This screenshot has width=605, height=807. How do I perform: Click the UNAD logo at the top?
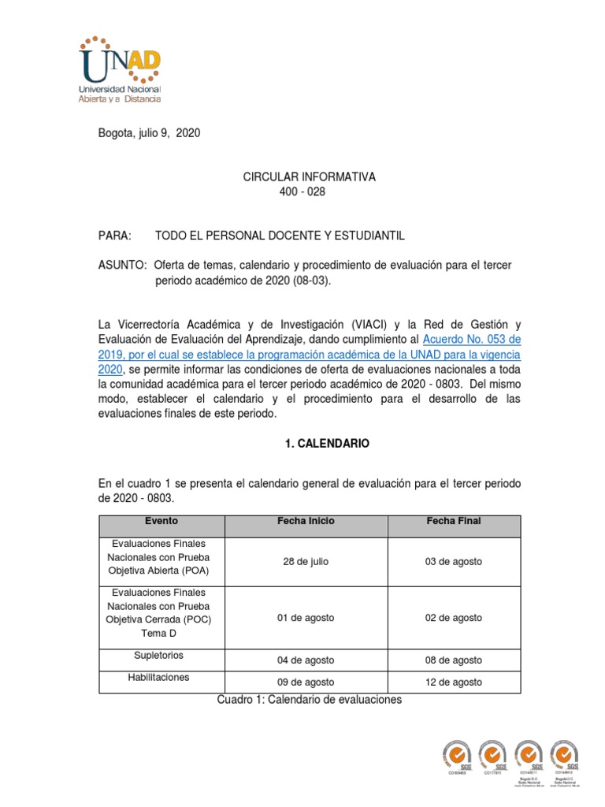pos(121,69)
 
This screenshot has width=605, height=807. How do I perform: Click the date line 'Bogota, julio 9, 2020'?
pos(148,133)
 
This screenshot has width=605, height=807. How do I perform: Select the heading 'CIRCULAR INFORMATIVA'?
pos(309,177)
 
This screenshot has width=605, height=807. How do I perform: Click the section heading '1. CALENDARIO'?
pos(327,444)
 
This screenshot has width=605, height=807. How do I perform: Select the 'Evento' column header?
pos(161,522)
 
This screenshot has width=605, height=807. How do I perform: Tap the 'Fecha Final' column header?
pos(454,522)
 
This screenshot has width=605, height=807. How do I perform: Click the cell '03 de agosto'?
pos(454,562)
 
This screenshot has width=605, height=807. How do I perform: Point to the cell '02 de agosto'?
pos(454,618)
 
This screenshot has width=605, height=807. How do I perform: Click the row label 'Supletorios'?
pos(161,655)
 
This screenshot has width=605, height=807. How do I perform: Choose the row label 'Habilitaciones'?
pos(161,677)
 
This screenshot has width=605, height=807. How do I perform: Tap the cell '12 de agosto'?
pos(454,682)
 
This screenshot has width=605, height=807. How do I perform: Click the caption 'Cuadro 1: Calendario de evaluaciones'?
pos(309,700)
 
